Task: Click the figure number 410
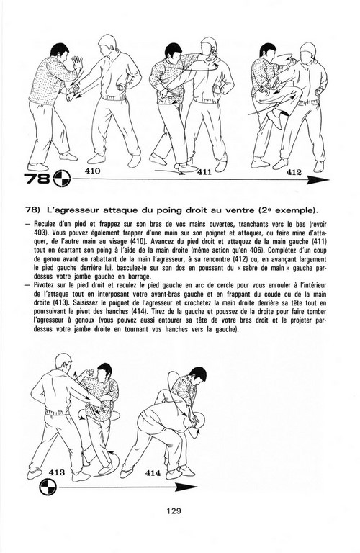coord(92,171)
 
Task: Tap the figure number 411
coord(204,172)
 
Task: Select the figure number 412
coord(294,172)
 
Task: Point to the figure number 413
coord(56,472)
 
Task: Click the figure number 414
coord(153,473)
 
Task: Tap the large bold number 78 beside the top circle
coord(37,179)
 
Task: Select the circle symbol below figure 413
coord(47,487)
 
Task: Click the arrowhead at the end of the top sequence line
coord(318,180)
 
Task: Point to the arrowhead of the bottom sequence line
coord(186,487)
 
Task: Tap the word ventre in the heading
coord(240,210)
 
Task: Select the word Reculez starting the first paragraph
coord(45,225)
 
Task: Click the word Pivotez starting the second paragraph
coord(44,285)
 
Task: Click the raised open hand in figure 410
coord(77,63)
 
